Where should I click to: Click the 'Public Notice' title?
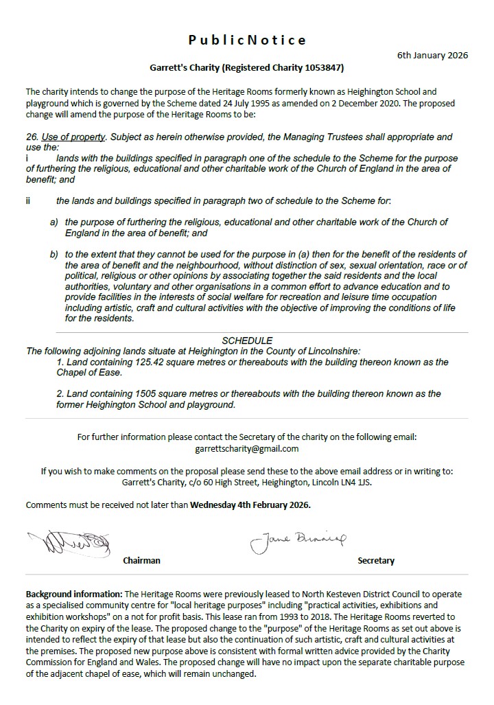247,41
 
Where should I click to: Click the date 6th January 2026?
432,56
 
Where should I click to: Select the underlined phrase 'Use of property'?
74,137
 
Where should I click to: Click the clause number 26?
32,137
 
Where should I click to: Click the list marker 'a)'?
54,223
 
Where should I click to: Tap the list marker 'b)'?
54,255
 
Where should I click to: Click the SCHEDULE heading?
247,340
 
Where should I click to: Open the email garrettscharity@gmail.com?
247,448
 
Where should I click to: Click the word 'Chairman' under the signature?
141,560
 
